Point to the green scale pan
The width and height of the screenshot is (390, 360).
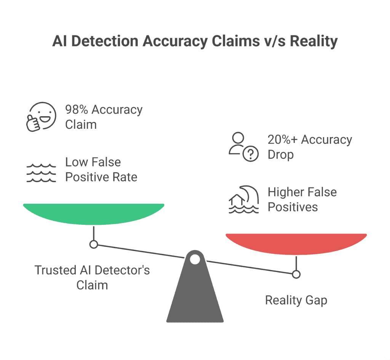(x=94, y=213)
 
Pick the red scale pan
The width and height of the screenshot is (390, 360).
(x=296, y=243)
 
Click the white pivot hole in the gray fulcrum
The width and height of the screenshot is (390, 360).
(x=195, y=260)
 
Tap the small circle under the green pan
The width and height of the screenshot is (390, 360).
(x=94, y=244)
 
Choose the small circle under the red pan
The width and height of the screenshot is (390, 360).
(x=296, y=274)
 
